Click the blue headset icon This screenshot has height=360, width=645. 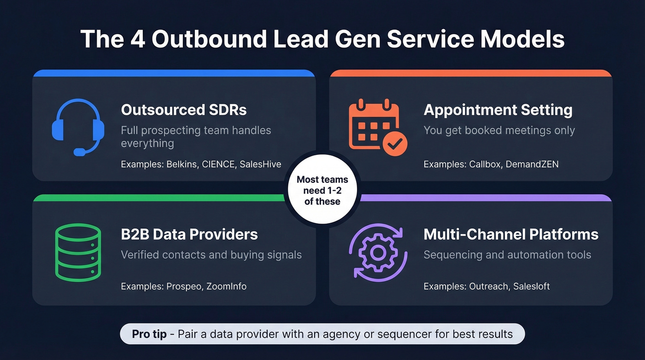[x=76, y=127]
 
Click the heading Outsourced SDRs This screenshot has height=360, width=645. [x=183, y=110]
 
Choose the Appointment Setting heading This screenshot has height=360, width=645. [x=498, y=110]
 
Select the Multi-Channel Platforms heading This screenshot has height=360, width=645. [x=510, y=234]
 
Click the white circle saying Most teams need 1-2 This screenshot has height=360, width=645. [x=322, y=190]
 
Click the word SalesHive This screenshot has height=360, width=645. [x=260, y=164]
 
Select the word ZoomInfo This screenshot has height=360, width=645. [x=226, y=286]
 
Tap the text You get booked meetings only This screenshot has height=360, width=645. [x=499, y=130]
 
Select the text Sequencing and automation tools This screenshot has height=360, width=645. [x=507, y=255]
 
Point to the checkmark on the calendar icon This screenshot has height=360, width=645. [x=394, y=145]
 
